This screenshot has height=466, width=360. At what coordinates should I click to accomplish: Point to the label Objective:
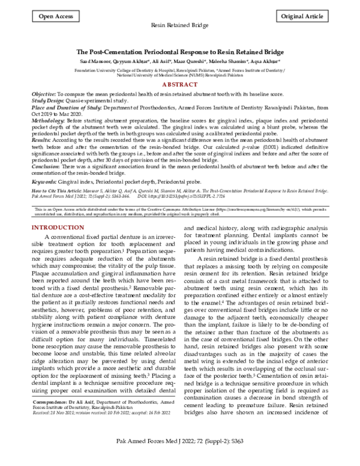tap(43, 95)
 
